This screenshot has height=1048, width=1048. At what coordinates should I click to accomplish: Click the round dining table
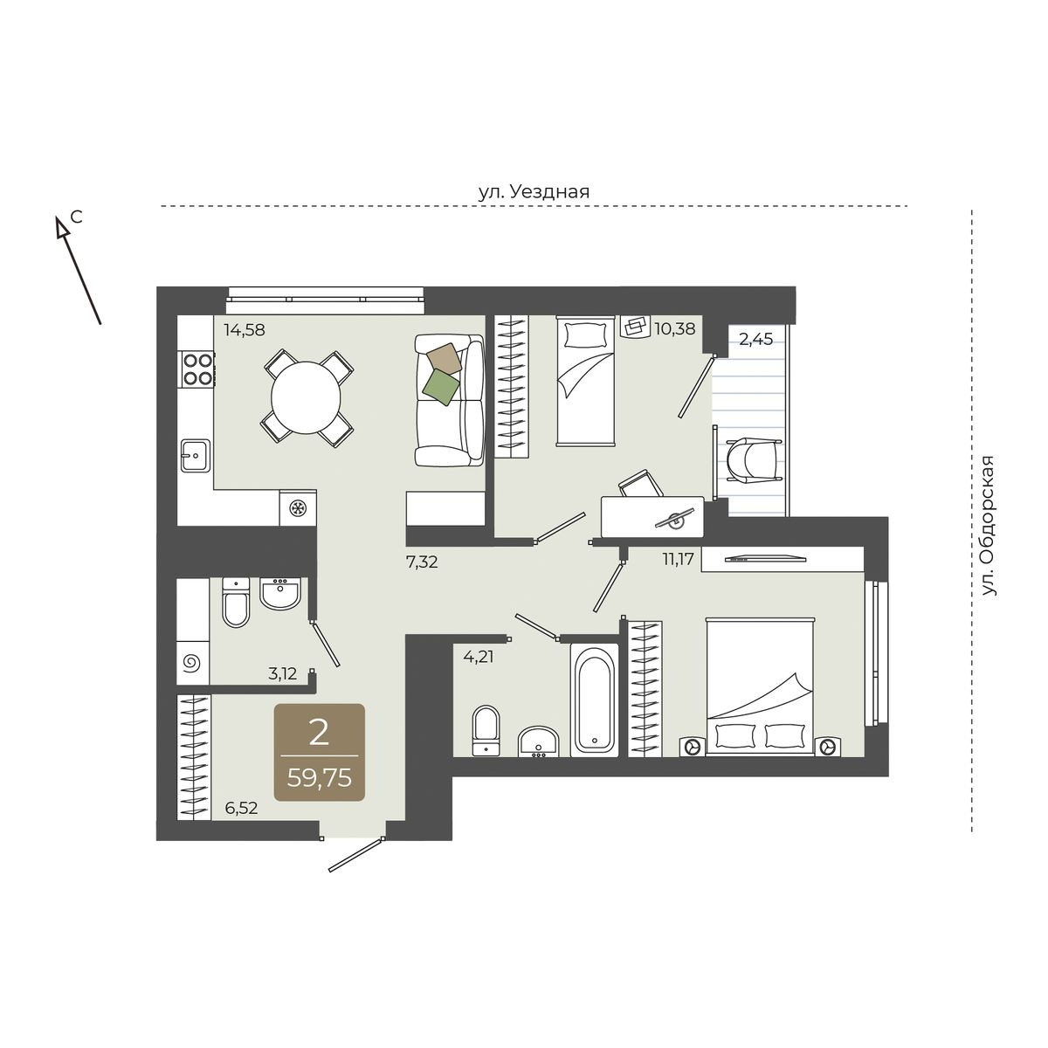point(307,397)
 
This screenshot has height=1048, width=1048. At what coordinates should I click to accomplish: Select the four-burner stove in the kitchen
point(196,369)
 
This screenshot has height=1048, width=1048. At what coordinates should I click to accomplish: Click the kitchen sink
point(196,455)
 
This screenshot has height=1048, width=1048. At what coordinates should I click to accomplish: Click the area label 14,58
point(245,329)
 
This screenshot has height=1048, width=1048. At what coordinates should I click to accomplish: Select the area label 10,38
point(675,329)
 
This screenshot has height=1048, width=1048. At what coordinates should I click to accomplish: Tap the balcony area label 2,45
point(755,340)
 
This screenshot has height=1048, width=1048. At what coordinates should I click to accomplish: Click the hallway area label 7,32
point(422,562)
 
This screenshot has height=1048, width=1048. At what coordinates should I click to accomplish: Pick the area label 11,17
point(679,559)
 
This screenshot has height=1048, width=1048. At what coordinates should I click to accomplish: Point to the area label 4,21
point(479,657)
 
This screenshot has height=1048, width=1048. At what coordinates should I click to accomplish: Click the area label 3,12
point(282,674)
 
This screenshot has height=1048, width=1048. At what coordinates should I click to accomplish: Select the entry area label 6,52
point(241,808)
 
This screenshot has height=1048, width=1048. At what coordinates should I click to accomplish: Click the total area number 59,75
point(320,778)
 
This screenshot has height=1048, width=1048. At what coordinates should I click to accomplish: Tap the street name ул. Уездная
point(534,191)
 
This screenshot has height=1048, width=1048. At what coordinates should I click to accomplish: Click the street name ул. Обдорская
point(988,526)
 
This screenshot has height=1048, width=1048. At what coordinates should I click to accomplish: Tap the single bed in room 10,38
point(585,382)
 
